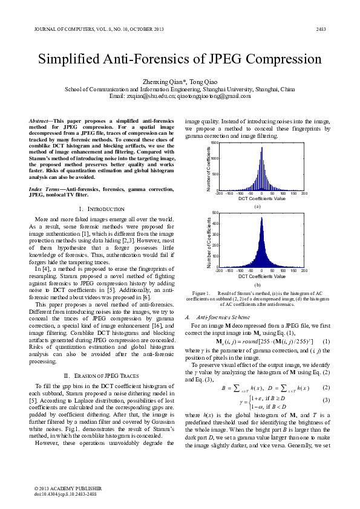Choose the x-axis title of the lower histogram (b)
pyautogui.click(x=261, y=276)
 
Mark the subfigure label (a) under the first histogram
pyautogui.click(x=258, y=206)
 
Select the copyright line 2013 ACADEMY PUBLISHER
pyautogui.click(x=68, y=488)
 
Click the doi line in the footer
pyautogui.click(x=65, y=493)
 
